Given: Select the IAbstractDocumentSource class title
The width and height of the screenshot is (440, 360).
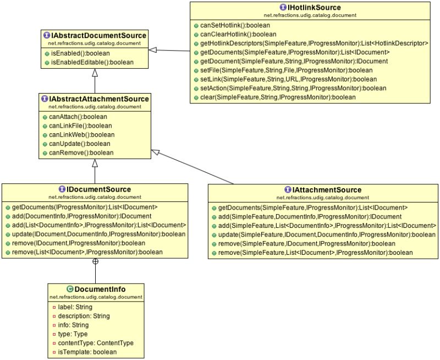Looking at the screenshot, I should click(98, 36).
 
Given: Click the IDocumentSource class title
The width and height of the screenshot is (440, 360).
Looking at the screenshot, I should click(98, 189).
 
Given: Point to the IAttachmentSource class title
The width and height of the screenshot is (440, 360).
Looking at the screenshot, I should click(327, 189).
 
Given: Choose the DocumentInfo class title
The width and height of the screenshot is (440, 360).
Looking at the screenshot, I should click(100, 289).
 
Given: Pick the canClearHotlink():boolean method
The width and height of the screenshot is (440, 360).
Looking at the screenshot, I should click(238, 34).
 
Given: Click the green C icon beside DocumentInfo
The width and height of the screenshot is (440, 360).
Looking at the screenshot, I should click(70, 289).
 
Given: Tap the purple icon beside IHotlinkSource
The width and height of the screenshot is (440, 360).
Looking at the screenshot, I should click(282, 8).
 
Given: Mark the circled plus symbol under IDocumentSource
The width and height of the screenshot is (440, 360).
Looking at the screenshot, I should click(95, 261).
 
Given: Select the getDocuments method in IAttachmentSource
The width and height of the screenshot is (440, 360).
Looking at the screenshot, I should click(312, 208).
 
